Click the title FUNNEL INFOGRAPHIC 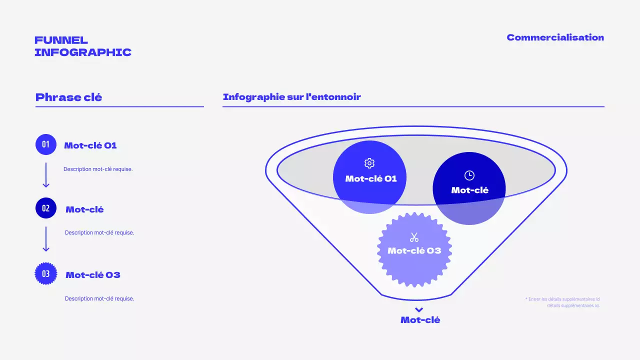tap(83, 46)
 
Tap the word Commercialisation tap(555, 37)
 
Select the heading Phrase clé tap(68, 97)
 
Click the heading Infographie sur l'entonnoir tap(291, 97)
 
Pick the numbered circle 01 tap(46, 144)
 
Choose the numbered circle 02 tap(46, 208)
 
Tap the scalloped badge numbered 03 tap(46, 273)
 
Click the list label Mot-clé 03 tap(93, 275)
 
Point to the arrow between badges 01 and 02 tap(46, 175)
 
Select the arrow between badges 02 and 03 tap(46, 239)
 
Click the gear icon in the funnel tap(369, 163)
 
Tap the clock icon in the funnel tap(469, 175)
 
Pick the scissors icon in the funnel tap(414, 237)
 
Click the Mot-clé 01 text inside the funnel tap(371, 178)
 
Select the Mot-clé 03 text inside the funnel tap(414, 250)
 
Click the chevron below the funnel tap(419, 310)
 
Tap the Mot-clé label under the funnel tap(420, 320)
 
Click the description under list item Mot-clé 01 tap(98, 169)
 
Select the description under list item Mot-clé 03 tap(99, 298)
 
